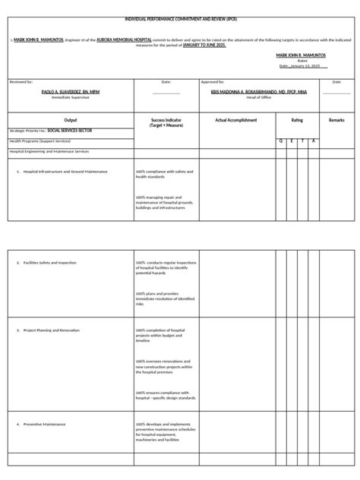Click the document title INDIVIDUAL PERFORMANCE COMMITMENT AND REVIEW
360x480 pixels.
(x=180, y=19)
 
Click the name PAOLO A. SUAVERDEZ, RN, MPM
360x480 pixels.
(x=70, y=90)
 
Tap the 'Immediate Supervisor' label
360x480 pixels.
(x=70, y=97)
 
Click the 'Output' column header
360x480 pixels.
(x=70, y=120)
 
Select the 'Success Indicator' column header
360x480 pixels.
(x=166, y=122)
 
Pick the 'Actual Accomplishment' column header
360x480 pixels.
(x=235, y=120)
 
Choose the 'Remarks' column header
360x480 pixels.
(x=336, y=120)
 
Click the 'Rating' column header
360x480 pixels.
(x=296, y=120)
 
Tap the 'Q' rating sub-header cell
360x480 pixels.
(x=280, y=141)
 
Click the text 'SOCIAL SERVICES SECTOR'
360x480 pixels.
(x=75, y=131)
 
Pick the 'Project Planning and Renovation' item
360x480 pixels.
(x=52, y=330)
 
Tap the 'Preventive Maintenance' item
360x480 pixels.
(x=44, y=424)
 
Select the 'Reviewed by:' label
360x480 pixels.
(x=21, y=81)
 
